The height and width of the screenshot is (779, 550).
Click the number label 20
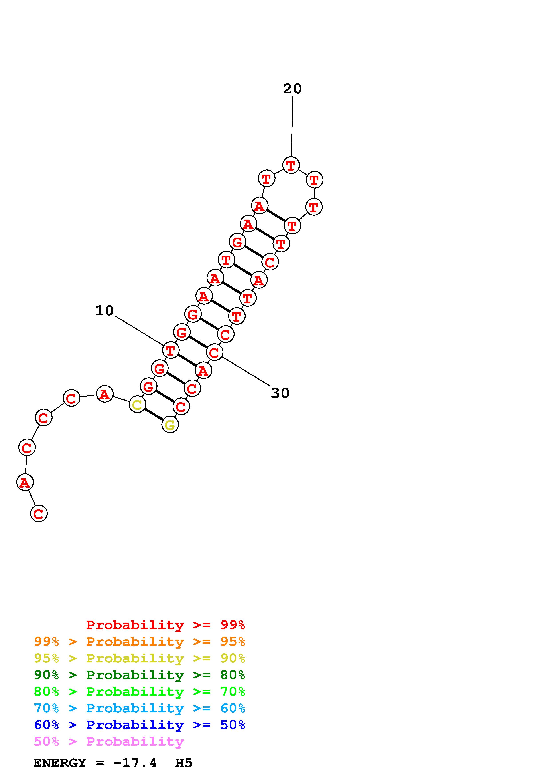tap(292, 89)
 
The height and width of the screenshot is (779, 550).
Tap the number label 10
tap(104, 310)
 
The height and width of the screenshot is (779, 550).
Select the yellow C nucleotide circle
tap(137, 404)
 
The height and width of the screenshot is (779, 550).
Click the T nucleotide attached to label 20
tap(291, 165)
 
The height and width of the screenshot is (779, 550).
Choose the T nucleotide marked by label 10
tap(170, 350)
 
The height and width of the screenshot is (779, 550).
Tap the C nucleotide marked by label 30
tap(214, 352)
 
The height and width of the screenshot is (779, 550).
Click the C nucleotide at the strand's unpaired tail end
tap(39, 513)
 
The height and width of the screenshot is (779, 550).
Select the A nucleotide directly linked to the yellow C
tap(104, 394)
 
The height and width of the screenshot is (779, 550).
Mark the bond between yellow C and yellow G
tap(154, 415)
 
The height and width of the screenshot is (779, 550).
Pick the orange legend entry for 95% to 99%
tap(140, 642)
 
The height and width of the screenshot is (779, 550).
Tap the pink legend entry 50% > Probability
tap(109, 741)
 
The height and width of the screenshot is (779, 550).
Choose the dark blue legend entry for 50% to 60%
tap(140, 725)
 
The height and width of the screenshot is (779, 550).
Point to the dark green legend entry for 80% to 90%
tap(140, 675)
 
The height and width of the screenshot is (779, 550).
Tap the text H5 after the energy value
tap(184, 763)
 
